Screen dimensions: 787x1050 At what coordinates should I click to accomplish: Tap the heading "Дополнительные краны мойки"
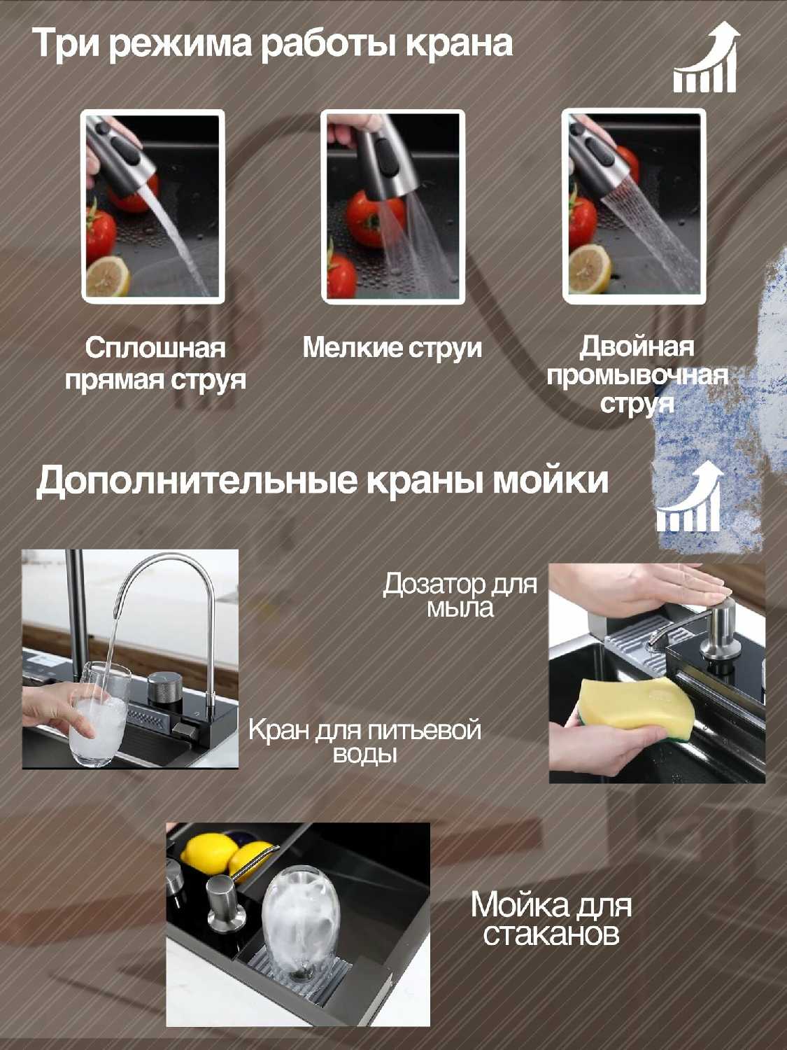tap(322, 481)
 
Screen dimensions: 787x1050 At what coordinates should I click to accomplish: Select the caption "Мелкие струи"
tap(392, 349)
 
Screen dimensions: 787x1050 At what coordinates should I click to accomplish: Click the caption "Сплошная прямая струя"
tap(156, 364)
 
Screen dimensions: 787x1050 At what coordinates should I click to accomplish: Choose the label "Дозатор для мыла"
tap(460, 596)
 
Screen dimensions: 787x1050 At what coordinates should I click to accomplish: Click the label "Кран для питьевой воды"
tap(364, 743)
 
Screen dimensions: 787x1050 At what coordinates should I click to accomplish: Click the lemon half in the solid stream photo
tap(108, 276)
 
